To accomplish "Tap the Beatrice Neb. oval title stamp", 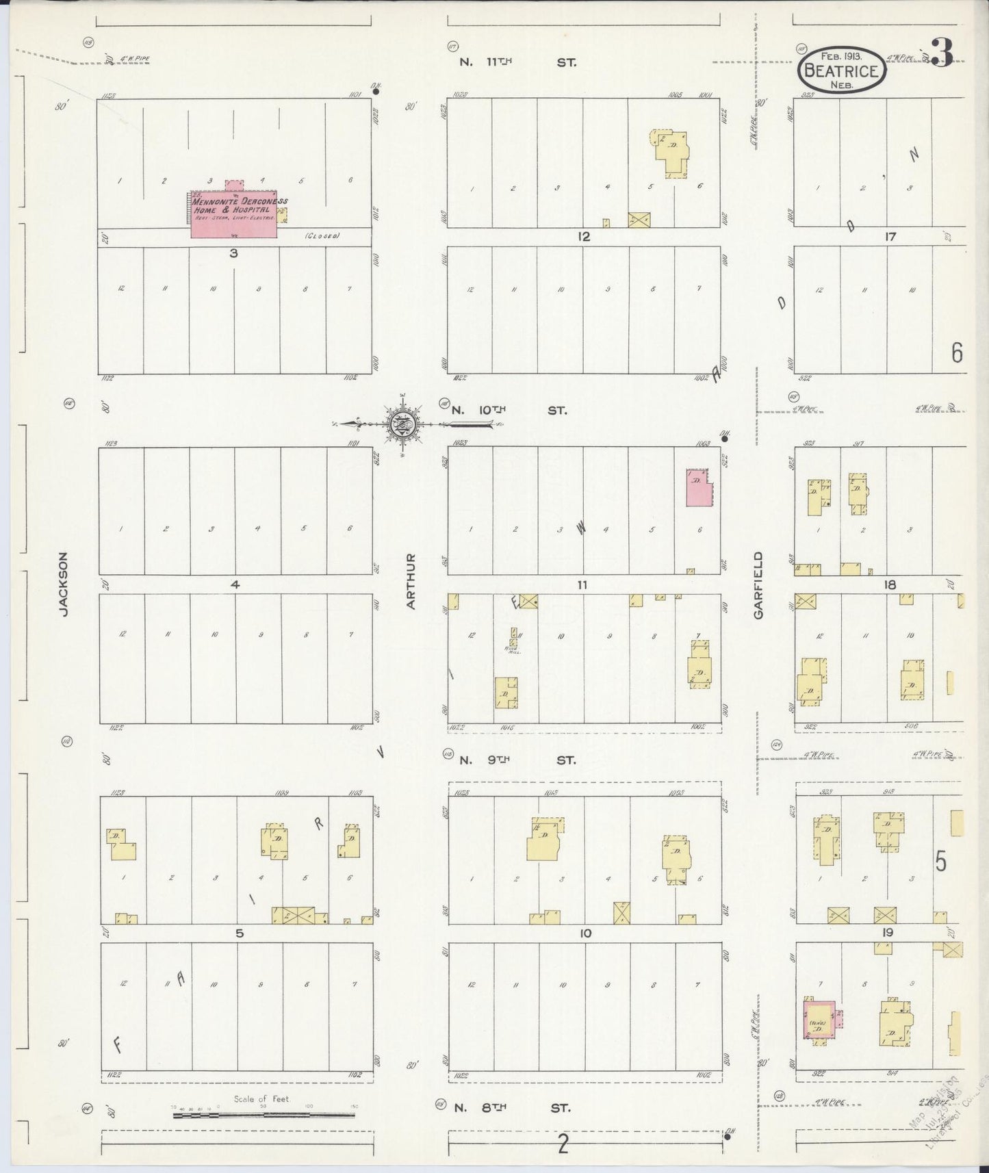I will click(841, 70).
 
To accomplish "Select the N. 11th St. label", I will click(517, 62).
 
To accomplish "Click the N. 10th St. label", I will click(509, 411).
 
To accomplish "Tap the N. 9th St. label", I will click(517, 760).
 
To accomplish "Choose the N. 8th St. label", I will click(514, 1107).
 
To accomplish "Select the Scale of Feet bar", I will click(264, 1115).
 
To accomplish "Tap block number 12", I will click(583, 237).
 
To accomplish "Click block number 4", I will click(235, 585).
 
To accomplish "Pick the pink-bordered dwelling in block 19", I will click(819, 1020).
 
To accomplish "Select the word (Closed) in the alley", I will click(322, 236).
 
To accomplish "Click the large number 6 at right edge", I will click(956, 352).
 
